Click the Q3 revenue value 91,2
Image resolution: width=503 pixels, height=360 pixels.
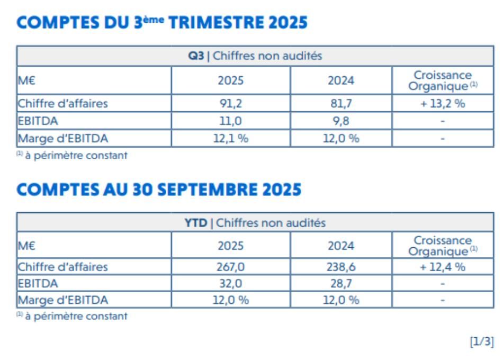click(231, 103)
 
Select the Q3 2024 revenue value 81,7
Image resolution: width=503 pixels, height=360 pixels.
click(341, 103)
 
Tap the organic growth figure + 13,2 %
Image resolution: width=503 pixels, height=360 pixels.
click(443, 103)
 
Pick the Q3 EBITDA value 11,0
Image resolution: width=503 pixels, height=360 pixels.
click(231, 121)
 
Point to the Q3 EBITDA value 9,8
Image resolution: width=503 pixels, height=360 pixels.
click(341, 121)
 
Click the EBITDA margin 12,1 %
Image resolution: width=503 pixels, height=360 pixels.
click(231, 138)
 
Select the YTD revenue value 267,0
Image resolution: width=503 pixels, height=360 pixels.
click(231, 267)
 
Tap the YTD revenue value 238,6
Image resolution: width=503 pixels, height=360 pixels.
click(341, 267)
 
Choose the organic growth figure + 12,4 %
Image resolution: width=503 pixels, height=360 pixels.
click(443, 267)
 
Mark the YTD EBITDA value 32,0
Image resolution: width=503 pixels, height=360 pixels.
click(231, 283)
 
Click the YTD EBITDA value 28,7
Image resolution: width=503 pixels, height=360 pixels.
click(341, 283)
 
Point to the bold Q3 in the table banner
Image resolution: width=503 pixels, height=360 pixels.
click(196, 56)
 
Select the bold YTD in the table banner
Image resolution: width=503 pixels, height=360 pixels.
click(196, 223)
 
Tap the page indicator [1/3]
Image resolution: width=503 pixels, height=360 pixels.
click(482, 341)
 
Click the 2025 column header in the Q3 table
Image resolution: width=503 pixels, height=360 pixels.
click(231, 80)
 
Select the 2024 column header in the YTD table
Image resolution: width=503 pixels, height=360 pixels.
click(341, 246)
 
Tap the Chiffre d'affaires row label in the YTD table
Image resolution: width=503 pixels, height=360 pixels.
click(63, 267)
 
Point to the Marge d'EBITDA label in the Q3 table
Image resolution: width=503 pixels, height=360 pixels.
click(63, 138)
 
